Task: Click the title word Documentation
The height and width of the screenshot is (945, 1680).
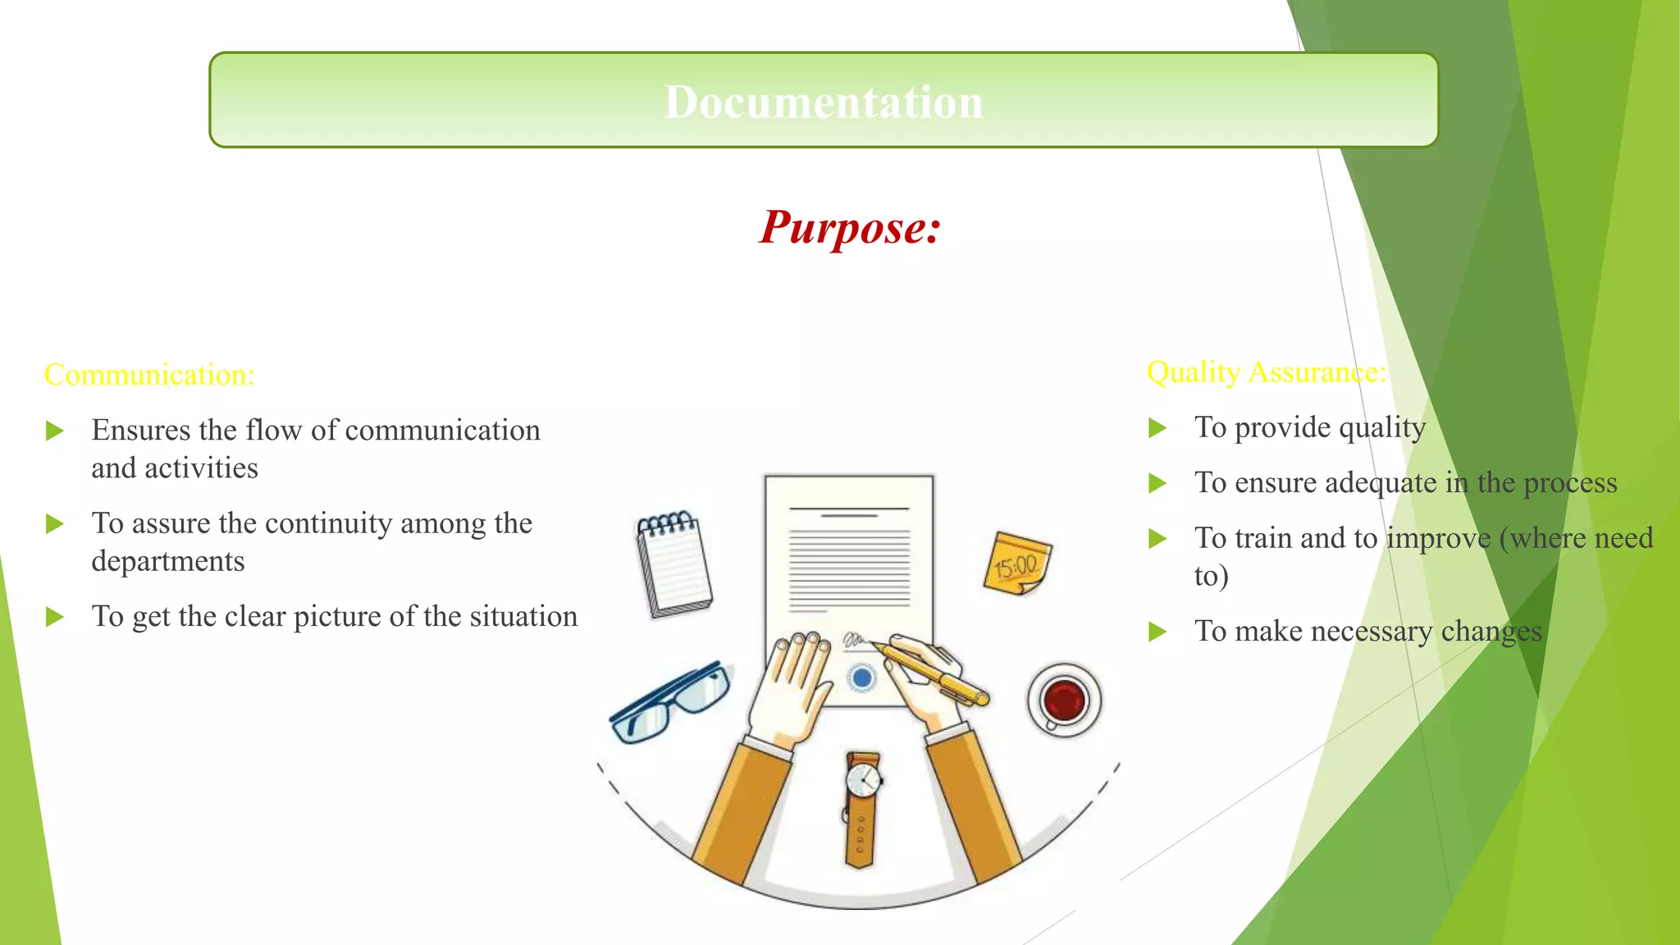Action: tap(824, 103)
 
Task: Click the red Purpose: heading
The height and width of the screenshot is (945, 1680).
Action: tap(850, 227)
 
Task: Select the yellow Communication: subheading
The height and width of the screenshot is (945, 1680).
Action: tap(149, 375)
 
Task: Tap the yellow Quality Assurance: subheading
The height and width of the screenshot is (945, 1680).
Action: tap(1266, 372)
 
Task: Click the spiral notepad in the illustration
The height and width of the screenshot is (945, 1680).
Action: tap(674, 564)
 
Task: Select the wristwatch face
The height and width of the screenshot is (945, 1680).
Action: tap(862, 779)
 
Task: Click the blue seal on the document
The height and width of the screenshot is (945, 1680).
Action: tap(861, 678)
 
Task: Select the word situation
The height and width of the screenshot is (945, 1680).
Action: tap(523, 617)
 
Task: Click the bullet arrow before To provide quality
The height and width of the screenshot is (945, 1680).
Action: tap(1157, 427)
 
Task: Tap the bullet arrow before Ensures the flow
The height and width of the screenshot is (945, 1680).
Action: tap(54, 431)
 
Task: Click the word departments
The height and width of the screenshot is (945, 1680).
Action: tap(168, 562)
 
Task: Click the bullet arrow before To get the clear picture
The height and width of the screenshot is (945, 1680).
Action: tap(54, 617)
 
